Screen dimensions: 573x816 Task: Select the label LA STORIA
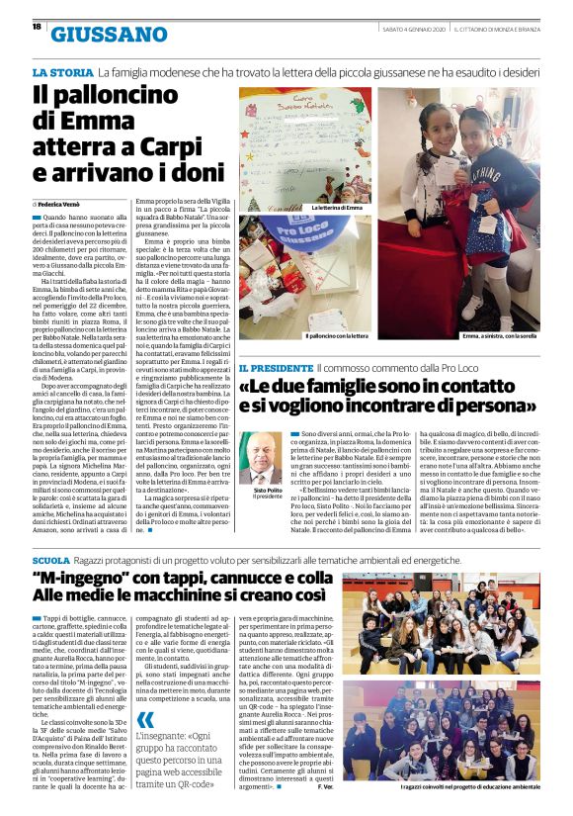(62, 73)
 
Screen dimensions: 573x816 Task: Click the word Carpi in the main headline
(178, 147)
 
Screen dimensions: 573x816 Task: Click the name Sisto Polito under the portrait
(262, 491)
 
